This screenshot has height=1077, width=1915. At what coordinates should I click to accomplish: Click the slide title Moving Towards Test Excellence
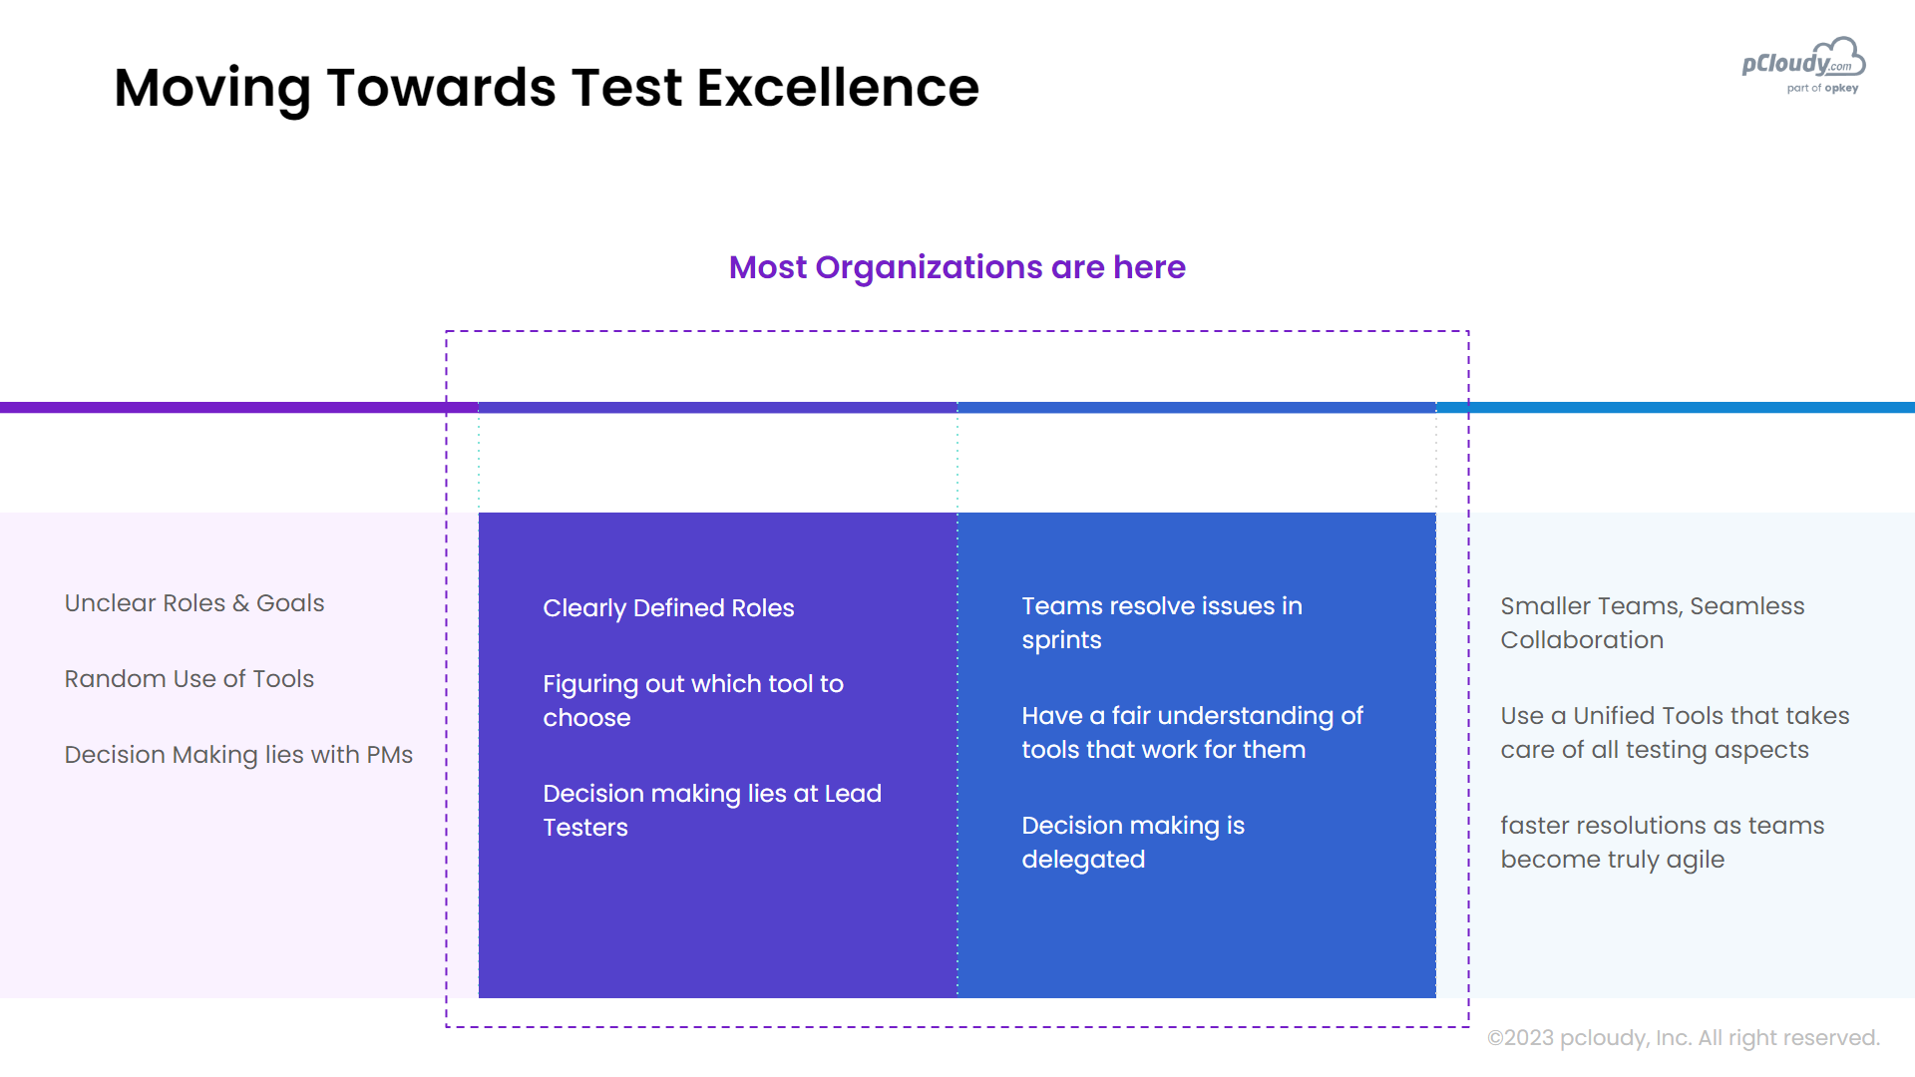click(x=547, y=88)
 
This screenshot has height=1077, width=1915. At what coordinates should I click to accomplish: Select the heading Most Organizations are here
click(x=957, y=267)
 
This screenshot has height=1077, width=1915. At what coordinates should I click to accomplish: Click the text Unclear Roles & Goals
click(x=194, y=603)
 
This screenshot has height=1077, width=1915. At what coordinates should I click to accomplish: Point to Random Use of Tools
click(x=190, y=679)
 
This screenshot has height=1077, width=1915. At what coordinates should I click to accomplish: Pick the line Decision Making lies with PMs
click(x=238, y=755)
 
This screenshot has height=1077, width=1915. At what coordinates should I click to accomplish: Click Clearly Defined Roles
click(x=668, y=608)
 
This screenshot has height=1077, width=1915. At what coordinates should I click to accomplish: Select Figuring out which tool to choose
click(x=693, y=700)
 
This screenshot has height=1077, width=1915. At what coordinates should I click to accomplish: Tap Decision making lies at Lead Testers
click(x=712, y=810)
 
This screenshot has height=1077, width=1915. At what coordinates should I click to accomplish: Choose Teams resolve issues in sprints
click(x=1162, y=622)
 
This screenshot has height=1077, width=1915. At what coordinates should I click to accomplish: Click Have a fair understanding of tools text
click(x=1192, y=732)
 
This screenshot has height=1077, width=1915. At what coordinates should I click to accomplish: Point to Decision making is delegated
click(x=1133, y=842)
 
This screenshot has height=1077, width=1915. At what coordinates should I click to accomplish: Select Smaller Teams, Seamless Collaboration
click(x=1653, y=622)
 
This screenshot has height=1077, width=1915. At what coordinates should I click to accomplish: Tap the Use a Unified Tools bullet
click(x=1675, y=732)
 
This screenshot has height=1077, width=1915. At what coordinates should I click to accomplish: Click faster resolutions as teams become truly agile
click(x=1663, y=842)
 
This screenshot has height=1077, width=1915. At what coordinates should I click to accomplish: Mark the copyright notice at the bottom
click(x=1684, y=1038)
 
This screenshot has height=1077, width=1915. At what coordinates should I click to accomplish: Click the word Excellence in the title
click(x=838, y=88)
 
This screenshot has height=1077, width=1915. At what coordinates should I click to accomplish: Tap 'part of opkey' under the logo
click(x=1822, y=89)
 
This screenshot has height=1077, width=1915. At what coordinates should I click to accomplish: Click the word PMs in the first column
click(x=390, y=755)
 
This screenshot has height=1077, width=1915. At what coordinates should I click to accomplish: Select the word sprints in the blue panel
click(x=1061, y=640)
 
